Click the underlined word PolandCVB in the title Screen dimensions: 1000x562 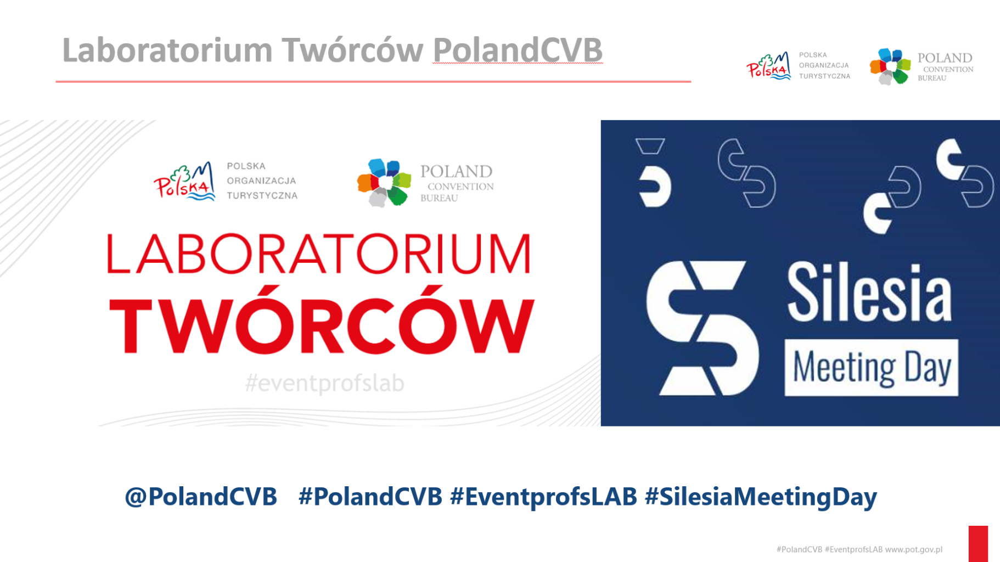[x=518, y=50]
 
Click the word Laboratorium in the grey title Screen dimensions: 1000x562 [x=167, y=50]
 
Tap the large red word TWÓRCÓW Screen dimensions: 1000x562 [x=322, y=320]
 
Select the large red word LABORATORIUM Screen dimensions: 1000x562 [x=319, y=254]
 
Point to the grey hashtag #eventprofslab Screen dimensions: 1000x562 [x=324, y=383]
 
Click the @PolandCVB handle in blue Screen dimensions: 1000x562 [x=201, y=497]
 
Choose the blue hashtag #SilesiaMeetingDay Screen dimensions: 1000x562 [x=761, y=497]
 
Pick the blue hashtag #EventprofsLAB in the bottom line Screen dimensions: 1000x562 [x=543, y=497]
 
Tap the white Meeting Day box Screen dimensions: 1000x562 [x=872, y=367]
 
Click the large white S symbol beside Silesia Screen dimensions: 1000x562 [x=702, y=328]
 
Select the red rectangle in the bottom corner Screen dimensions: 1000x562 [x=978, y=544]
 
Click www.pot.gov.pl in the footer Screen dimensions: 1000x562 [x=913, y=549]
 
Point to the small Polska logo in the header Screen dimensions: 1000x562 [x=768, y=66]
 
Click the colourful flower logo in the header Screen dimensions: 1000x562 [x=890, y=66]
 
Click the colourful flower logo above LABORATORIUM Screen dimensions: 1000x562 [x=384, y=183]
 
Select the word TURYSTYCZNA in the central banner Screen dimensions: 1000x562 [x=262, y=196]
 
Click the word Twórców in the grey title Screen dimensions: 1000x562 [x=352, y=50]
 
